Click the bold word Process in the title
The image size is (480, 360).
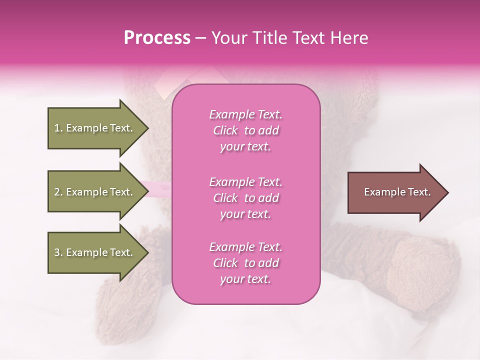point(157,38)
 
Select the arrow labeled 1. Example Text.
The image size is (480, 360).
point(95,128)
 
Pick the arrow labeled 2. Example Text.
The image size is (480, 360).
point(95,192)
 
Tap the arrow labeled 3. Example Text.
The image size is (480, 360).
point(95,252)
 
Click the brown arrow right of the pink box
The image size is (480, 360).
point(395,192)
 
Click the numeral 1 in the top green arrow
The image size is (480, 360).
point(56,128)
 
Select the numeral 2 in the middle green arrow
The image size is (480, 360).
point(57,192)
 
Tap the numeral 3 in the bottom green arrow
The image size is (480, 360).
point(57,252)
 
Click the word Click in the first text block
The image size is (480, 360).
point(225,130)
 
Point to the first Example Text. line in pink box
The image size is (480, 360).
point(245,114)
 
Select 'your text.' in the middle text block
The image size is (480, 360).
point(245,214)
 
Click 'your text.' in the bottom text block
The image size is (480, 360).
point(245,279)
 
